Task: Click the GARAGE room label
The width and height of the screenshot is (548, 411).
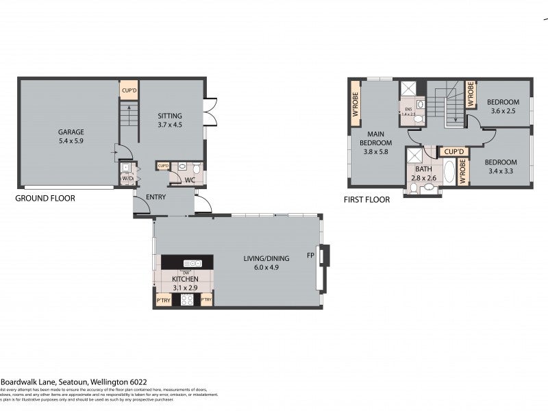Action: [x=71, y=132]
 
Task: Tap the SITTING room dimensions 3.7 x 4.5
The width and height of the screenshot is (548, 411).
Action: [x=170, y=125]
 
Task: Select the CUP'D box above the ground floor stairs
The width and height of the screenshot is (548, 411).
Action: [x=129, y=90]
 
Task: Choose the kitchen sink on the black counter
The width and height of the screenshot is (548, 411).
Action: [x=192, y=263]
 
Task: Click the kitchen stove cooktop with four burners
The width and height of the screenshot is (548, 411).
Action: [x=186, y=299]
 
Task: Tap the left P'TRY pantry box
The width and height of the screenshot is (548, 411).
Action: [x=163, y=300]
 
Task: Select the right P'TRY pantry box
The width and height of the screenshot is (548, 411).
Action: [x=206, y=300]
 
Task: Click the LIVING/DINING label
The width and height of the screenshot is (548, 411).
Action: [x=266, y=258]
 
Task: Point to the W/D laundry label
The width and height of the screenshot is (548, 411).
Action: [x=127, y=178]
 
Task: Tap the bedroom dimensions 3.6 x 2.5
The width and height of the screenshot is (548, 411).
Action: [x=503, y=111]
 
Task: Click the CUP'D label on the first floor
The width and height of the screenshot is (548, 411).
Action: [x=454, y=151]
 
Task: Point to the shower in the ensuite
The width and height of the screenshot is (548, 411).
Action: [x=410, y=89]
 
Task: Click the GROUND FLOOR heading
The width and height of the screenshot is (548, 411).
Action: [x=45, y=199]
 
